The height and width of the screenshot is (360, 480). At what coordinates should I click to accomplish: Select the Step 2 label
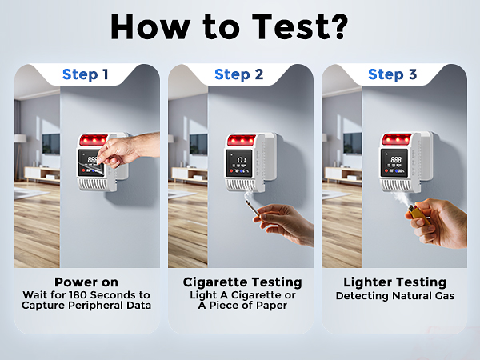point(239,75)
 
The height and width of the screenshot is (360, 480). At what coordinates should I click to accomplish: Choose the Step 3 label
point(393,75)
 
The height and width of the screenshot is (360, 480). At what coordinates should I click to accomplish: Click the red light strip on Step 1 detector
point(93,140)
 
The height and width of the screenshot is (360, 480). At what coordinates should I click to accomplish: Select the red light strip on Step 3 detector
point(395,140)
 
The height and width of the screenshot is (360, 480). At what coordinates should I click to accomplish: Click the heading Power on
point(86,282)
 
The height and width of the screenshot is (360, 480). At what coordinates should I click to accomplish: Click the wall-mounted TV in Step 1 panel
point(50,144)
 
